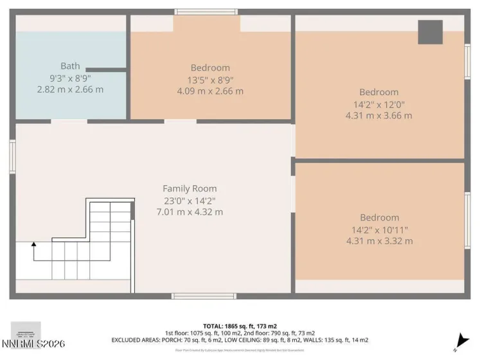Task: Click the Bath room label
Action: pos(70,66)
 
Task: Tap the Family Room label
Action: pos(190,188)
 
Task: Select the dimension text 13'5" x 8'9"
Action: pos(210,80)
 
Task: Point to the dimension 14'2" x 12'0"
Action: pos(378,104)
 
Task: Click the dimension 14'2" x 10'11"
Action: pos(379,230)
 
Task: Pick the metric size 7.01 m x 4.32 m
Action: pos(190,212)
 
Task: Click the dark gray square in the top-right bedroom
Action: pos(430,32)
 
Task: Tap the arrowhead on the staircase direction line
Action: pos(34,244)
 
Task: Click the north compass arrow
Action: pos(460,341)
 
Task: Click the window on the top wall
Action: pos(206,12)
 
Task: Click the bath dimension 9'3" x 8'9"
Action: pos(70,78)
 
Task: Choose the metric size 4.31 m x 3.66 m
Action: pos(378,116)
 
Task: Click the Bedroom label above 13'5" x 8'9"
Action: pos(210,68)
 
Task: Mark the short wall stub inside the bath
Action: pos(105,69)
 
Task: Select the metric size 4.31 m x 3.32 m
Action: pos(379,241)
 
